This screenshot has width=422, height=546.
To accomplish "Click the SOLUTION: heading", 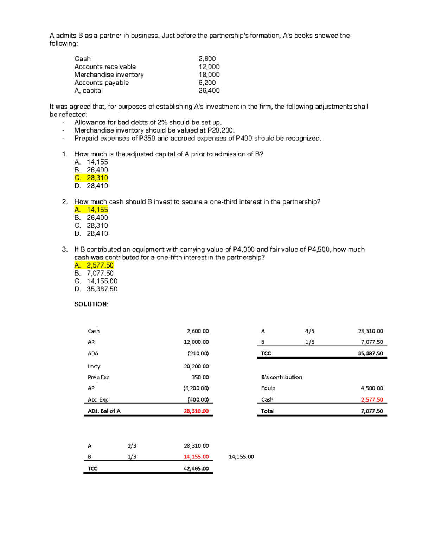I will click(x=91, y=304).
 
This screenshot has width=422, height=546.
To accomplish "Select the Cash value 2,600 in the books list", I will click(x=207, y=59).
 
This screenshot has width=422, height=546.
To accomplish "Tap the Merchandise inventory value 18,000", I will click(x=209, y=75).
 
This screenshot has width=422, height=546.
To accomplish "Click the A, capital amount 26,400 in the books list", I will click(x=209, y=90).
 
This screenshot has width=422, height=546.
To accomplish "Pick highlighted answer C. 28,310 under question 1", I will click(x=91, y=178).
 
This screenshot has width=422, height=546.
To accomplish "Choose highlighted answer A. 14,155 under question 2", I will click(x=91, y=210).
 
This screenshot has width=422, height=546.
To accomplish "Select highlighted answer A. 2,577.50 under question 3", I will click(x=94, y=265).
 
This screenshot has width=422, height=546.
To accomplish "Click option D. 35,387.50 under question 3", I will click(x=96, y=289).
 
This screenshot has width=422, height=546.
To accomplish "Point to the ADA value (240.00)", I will click(x=198, y=353).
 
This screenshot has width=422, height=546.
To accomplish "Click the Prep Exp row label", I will click(x=98, y=377).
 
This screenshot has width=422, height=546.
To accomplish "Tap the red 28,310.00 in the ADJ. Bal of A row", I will click(x=196, y=411).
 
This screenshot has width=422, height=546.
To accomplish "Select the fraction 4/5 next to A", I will click(x=310, y=331).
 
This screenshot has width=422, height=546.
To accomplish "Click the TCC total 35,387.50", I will click(x=370, y=353).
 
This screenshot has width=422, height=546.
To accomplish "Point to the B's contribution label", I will click(x=281, y=377).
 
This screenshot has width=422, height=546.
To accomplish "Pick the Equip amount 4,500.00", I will click(x=372, y=388).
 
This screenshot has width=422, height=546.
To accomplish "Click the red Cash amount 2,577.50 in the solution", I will click(x=372, y=399).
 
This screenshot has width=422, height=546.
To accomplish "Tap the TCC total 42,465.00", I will click(x=196, y=468).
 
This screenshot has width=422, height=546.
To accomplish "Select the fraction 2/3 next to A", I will click(x=132, y=446).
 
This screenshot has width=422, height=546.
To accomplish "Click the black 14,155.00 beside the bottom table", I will click(x=241, y=457).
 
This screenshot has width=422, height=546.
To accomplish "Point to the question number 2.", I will click(x=65, y=202).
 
